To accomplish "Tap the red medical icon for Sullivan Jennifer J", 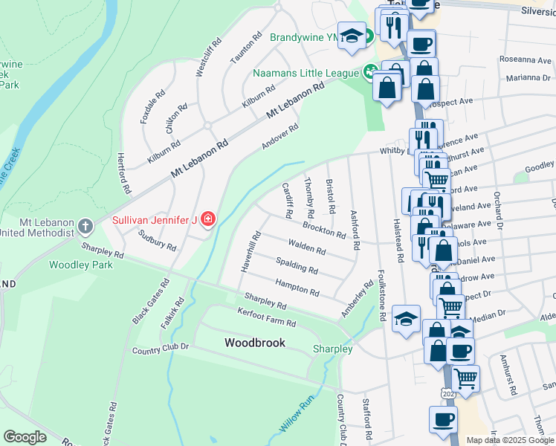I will pos(209,219).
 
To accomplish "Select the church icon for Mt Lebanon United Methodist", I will pos(85,225).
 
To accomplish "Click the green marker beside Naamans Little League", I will pos(369,73).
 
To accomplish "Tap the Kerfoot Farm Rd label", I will pos(266,317).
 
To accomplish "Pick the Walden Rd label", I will pos(308,245).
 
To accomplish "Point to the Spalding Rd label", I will pos(297,264).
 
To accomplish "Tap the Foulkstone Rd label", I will pos(382,294).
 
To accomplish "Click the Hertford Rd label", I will pos(123,174).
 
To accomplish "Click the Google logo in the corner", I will pos(25,437).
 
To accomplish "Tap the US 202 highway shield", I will pos(445,392).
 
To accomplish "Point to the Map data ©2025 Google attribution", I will pos(510,439).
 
